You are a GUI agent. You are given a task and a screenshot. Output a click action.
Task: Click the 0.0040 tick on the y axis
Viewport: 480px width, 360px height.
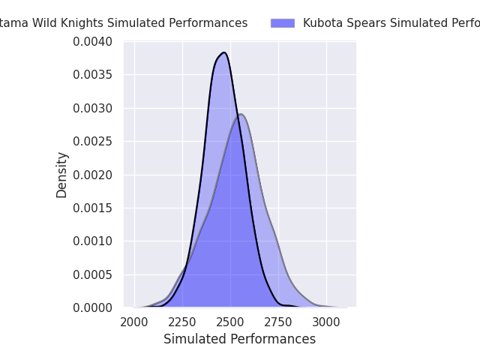point(92,42)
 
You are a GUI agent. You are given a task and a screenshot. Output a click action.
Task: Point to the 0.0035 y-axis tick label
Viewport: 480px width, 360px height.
point(92,75)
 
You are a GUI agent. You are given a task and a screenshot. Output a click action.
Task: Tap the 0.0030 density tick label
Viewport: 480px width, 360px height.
point(92,109)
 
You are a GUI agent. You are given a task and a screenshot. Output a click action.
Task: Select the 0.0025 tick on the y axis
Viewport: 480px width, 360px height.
point(92,142)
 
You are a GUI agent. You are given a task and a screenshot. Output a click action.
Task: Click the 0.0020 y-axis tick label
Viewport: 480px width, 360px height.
point(92,175)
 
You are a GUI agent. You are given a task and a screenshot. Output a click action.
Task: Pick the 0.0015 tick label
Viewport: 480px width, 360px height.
point(92,208)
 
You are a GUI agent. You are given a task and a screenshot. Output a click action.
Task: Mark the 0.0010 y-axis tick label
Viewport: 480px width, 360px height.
point(92,241)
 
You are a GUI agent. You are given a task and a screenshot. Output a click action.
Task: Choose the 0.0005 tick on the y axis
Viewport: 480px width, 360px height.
point(92,274)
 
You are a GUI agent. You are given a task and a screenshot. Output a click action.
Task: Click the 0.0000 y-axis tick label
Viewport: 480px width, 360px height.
point(92,308)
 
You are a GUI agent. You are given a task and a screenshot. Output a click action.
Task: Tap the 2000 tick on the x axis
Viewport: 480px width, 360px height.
point(134,322)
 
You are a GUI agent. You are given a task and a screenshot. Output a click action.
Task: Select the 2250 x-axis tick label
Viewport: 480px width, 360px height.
point(182,322)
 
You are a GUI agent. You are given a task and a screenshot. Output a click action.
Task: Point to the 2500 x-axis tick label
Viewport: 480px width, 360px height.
point(230,322)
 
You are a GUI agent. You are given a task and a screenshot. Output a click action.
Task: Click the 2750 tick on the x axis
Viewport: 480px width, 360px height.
point(278,322)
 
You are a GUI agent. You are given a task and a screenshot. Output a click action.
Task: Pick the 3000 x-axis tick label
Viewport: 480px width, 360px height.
point(326,322)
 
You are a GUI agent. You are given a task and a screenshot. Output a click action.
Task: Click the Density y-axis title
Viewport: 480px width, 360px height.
point(61,175)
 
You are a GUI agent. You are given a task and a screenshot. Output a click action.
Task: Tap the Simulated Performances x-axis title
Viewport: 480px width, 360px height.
point(239,339)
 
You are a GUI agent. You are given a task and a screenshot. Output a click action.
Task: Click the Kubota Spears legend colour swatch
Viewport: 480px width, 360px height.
point(283,23)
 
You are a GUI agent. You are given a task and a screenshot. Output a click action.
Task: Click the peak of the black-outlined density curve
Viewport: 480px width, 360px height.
point(223,52)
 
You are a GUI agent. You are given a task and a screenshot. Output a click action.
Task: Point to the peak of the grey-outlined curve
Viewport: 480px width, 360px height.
point(240,114)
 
